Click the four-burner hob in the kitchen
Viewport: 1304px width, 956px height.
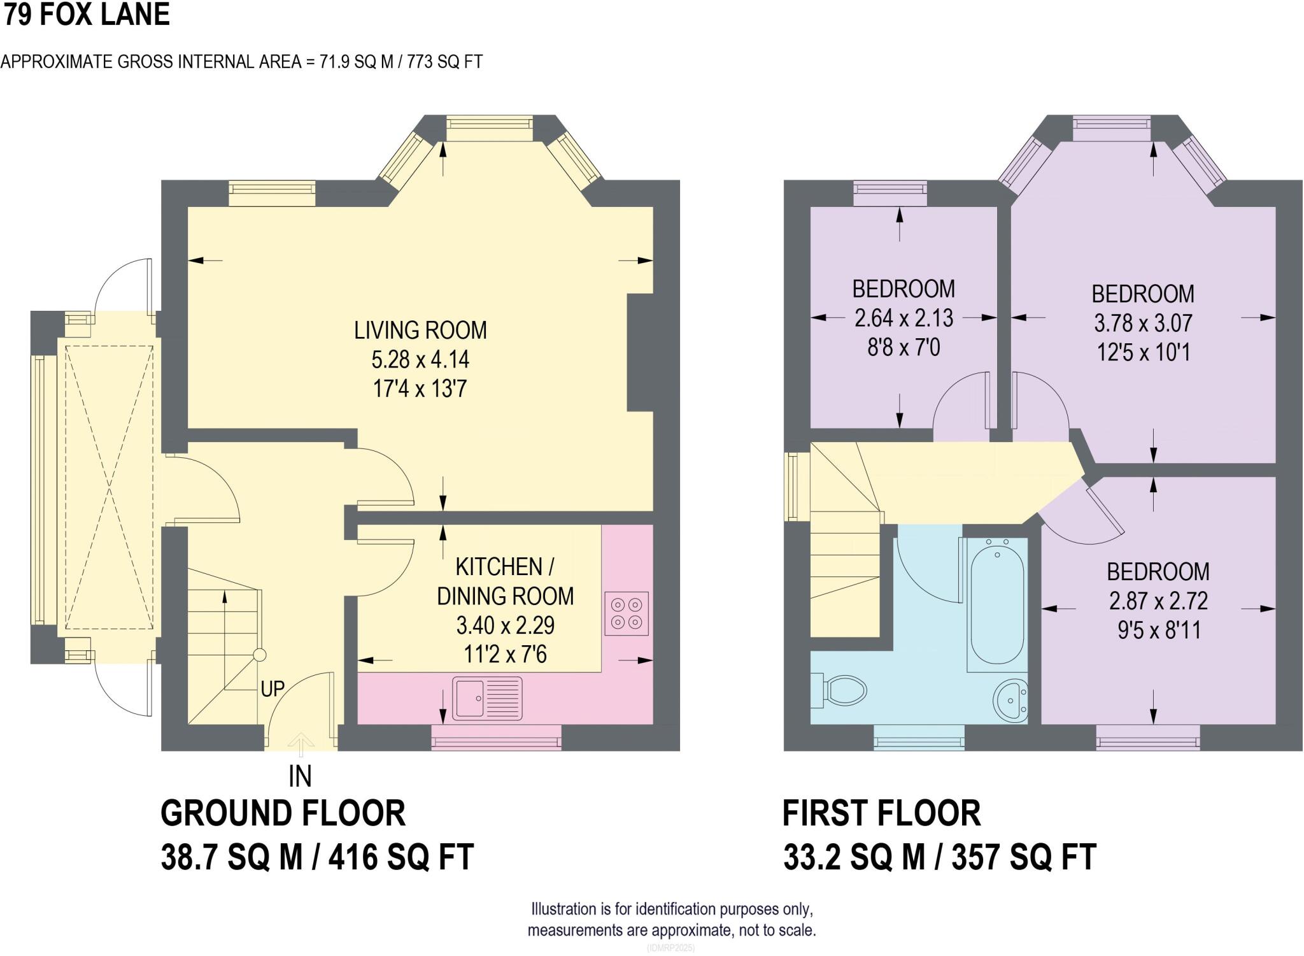[627, 613]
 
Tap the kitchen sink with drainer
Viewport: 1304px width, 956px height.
[487, 699]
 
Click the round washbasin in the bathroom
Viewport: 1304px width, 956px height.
[1010, 701]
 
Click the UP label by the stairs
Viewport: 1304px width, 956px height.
[273, 688]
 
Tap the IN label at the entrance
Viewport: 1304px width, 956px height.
[300, 776]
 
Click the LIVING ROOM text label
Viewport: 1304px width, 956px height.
[420, 330]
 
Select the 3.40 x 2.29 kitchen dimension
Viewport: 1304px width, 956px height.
[505, 625]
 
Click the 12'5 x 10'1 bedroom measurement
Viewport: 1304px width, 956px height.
[1143, 352]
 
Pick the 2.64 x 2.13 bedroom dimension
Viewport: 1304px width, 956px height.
[904, 318]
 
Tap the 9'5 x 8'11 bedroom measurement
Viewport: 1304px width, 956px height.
[1159, 631]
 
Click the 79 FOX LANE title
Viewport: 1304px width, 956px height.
[87, 15]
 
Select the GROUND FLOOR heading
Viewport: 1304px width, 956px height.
[283, 813]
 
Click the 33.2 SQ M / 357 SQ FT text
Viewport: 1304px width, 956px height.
[939, 857]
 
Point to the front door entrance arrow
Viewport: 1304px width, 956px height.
[301, 743]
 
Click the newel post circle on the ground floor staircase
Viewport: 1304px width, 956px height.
[259, 655]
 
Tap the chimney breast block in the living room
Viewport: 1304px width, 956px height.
[640, 352]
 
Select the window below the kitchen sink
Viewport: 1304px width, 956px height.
[497, 738]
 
